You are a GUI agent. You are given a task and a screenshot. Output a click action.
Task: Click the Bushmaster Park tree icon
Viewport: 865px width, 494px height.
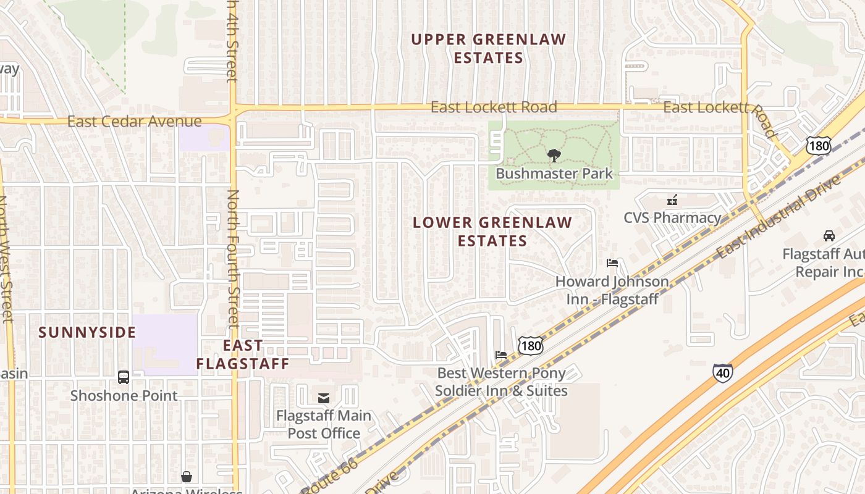tap(554, 155)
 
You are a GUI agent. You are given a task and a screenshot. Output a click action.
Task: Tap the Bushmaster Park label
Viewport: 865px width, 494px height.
tap(554, 174)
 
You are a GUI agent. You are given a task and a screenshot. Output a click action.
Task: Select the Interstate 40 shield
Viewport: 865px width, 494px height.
tap(723, 373)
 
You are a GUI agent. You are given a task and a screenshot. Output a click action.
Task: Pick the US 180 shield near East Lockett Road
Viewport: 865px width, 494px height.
tap(819, 146)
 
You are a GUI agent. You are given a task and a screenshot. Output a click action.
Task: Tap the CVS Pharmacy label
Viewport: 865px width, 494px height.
tap(672, 217)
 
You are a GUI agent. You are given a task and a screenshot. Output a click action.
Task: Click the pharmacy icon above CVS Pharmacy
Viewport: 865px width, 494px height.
tap(672, 200)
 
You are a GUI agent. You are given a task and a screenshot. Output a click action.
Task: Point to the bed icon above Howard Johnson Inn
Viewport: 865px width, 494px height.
tap(612, 263)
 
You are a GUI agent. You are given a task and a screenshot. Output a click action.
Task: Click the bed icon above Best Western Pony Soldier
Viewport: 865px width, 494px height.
tap(501, 355)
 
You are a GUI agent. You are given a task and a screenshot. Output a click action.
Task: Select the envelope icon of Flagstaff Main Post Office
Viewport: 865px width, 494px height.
tap(324, 398)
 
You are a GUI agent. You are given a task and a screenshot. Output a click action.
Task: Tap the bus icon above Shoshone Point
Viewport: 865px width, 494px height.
tap(124, 377)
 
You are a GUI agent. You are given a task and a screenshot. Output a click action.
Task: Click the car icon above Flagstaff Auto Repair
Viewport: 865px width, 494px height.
tap(829, 236)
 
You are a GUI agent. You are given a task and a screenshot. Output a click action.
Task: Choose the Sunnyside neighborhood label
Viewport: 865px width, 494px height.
tap(87, 332)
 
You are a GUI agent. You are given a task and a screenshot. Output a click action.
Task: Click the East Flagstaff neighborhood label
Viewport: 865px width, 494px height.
tap(243, 354)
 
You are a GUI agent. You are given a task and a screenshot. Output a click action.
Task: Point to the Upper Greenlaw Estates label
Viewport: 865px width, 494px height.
tap(489, 49)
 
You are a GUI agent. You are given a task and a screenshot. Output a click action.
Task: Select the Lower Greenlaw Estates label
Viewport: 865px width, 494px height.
tap(492, 232)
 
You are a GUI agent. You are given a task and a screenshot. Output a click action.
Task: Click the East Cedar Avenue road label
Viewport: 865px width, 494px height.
tap(134, 122)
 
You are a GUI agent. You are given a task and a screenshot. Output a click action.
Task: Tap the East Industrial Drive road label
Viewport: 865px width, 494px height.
tap(780, 216)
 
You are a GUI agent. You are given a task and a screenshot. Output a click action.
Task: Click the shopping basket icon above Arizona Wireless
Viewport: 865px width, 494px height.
tap(187, 477)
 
